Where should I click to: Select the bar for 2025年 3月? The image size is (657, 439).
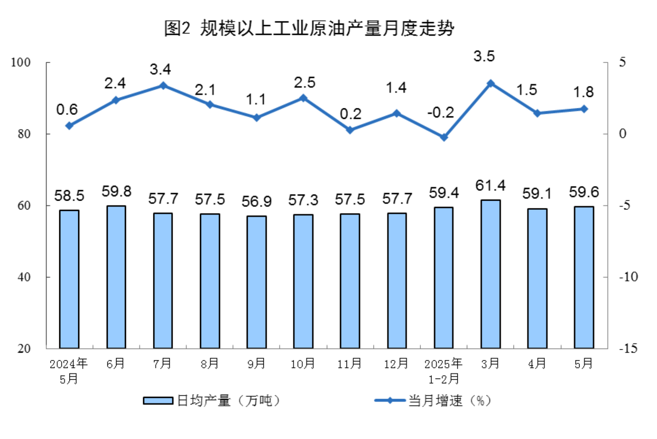490,274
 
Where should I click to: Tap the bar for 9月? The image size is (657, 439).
257,282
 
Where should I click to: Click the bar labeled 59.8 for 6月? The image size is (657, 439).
116,277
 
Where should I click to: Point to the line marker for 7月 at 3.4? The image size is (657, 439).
163,86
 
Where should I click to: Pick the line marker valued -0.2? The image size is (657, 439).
444,137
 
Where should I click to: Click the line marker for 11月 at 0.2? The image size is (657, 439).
350,130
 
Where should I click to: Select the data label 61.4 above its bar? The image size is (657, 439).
490,185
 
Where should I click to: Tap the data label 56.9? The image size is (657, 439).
257,201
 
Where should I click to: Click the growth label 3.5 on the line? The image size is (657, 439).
484,56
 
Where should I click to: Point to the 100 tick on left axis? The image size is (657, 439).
20,62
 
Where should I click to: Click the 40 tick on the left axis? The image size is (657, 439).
24,277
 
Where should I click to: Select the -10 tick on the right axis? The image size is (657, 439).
628,277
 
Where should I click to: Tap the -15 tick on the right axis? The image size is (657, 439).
628,348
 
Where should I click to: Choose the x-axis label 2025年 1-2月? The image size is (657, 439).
443,371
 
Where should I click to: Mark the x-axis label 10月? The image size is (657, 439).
303,364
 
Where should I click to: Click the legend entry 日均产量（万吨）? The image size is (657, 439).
213,401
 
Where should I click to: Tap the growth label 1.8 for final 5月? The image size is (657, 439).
583,92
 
